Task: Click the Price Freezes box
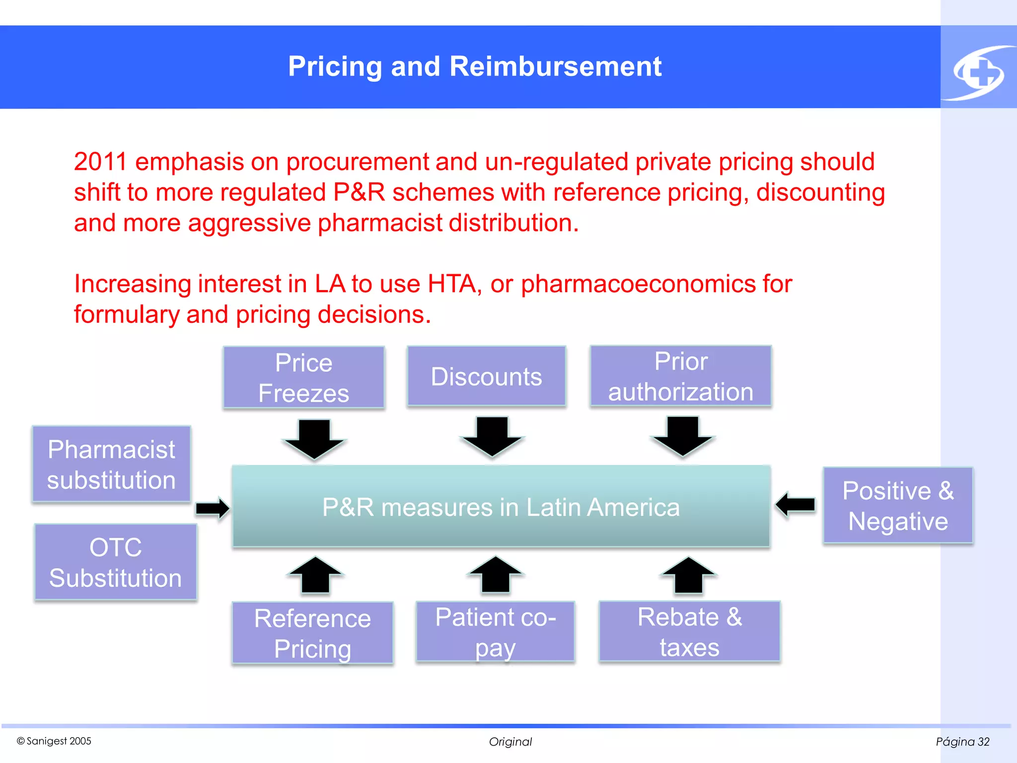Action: (x=304, y=378)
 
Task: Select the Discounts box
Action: (x=486, y=376)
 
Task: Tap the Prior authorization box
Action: (x=680, y=376)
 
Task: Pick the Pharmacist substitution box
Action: (x=111, y=464)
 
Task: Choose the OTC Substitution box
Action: (x=116, y=562)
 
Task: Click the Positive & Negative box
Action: (x=898, y=505)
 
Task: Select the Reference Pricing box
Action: (x=312, y=632)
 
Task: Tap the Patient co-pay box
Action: (x=495, y=631)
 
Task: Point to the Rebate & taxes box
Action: (x=689, y=631)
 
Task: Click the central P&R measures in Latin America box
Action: (x=501, y=506)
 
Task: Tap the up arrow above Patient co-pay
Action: (x=496, y=574)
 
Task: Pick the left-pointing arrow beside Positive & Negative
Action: (x=796, y=505)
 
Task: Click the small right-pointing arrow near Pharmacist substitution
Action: (x=213, y=508)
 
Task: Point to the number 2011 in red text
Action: (x=101, y=161)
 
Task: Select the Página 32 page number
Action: (x=962, y=742)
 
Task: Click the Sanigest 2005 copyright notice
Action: (x=54, y=741)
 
